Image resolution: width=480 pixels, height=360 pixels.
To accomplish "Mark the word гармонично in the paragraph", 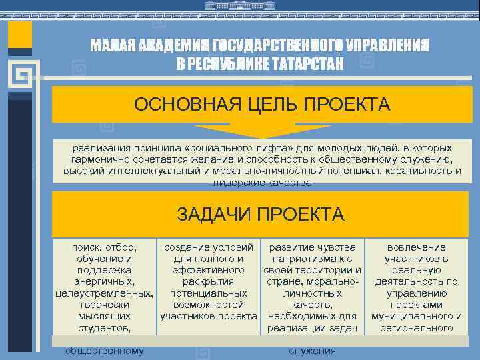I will point(97,160).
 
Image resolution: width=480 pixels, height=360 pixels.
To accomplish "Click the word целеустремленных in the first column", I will point(103,293).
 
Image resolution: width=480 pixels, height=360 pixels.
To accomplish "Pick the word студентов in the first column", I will point(103,328).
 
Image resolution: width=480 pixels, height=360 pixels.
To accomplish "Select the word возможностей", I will point(208,305).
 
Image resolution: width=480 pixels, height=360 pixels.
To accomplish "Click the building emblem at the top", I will point(240,6).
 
